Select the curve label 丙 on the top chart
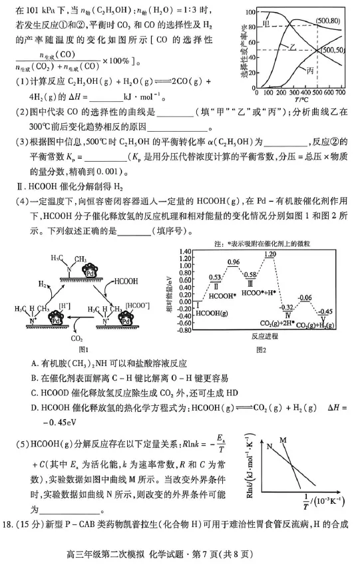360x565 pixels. [311, 69]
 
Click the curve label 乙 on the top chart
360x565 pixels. [291, 47]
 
